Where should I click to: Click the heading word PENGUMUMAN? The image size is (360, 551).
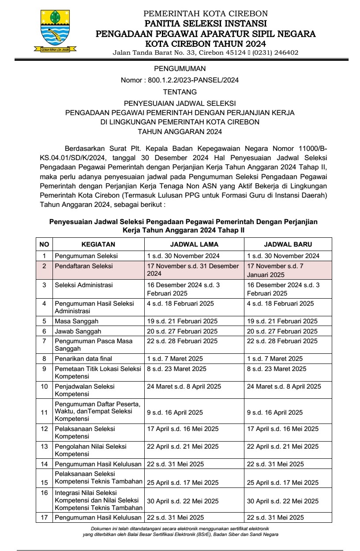tap(180, 69)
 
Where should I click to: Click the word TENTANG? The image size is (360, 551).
tap(180, 92)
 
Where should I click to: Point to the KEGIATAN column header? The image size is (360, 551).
tap(98, 244)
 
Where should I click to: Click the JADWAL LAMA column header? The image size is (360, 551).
tap(194, 244)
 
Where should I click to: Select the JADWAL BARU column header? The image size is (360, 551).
tap(288, 244)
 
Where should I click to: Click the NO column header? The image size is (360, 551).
tap(44, 244)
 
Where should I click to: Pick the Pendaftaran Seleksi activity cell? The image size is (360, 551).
tap(84, 266)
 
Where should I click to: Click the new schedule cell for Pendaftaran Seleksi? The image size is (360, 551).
tap(288, 270)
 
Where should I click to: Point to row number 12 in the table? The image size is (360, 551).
tap(44, 429)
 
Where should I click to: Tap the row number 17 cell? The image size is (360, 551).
tap(44, 517)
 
